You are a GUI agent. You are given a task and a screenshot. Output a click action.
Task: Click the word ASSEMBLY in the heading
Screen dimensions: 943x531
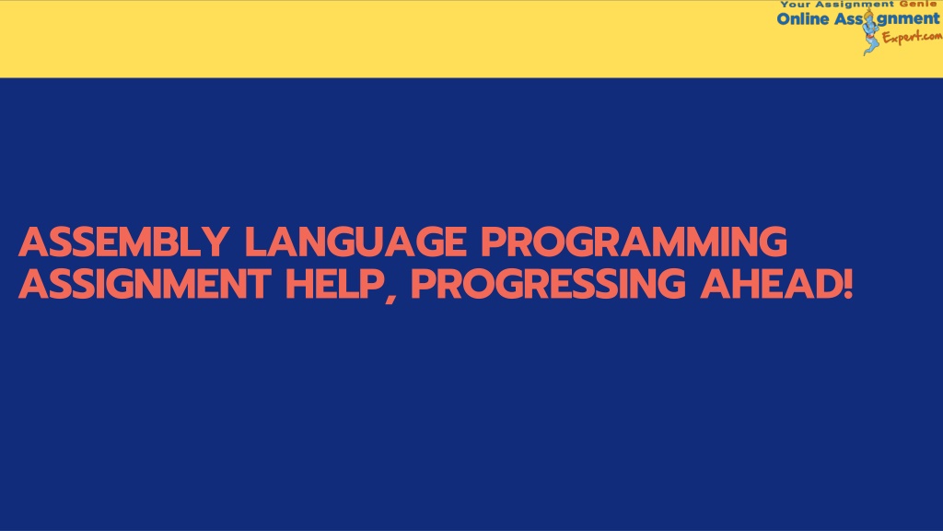(123, 242)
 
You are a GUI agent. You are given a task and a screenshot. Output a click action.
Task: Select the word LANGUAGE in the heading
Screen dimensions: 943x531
(355, 242)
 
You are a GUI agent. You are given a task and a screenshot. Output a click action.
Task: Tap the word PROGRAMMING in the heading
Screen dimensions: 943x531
(634, 242)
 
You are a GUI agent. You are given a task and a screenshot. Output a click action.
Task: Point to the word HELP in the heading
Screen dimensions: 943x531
(334, 284)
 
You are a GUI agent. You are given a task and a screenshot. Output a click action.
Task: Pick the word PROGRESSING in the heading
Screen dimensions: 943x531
(548, 284)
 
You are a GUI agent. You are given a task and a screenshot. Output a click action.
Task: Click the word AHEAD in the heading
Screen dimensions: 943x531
(770, 284)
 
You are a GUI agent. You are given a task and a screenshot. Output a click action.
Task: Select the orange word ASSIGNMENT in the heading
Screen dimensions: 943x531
(145, 284)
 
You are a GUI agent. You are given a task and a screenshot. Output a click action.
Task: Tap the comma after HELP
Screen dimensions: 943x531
(391, 298)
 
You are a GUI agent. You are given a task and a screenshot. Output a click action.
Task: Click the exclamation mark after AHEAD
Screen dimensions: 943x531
(847, 284)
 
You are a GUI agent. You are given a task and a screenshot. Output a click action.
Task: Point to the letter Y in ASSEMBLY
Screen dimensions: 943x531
(214, 242)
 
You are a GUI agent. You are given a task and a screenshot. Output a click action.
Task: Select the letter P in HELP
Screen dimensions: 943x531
(372, 284)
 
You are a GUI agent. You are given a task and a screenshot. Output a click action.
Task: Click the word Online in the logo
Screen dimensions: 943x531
(803, 19)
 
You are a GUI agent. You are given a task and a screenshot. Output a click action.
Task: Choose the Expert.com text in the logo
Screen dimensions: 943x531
(912, 37)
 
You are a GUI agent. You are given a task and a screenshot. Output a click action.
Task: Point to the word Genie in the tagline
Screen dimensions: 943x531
(917, 4)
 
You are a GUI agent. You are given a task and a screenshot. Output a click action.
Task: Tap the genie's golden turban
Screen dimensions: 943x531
(869, 13)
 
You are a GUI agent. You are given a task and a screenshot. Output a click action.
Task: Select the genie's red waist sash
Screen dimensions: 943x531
(871, 37)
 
